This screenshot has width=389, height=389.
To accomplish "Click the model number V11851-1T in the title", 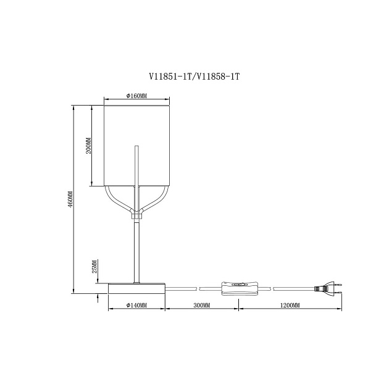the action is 170,77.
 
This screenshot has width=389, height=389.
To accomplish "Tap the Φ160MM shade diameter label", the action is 136,96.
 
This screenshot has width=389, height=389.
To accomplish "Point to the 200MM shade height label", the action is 88,146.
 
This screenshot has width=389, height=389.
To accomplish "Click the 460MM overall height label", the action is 70,199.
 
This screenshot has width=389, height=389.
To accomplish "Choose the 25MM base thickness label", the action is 94,267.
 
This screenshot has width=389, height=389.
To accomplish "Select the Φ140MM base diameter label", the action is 136,305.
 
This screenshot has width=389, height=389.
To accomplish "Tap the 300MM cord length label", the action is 202,305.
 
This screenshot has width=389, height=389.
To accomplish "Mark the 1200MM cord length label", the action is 290,305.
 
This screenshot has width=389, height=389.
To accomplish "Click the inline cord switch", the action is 239,288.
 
